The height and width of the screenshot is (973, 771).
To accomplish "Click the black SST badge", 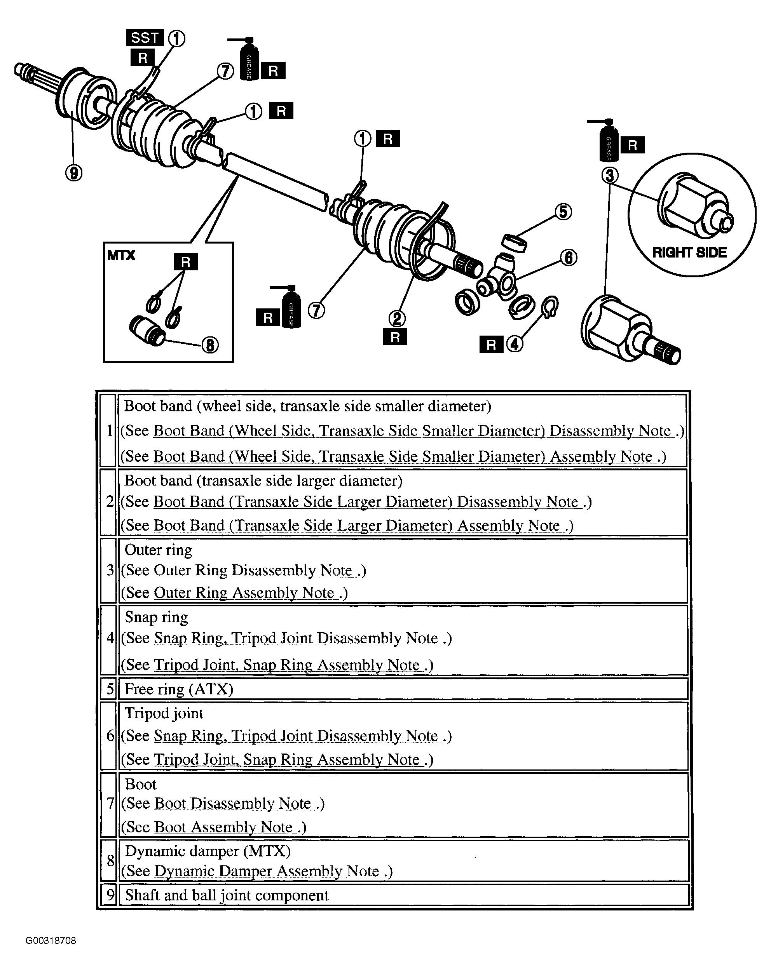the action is pyautogui.click(x=145, y=38).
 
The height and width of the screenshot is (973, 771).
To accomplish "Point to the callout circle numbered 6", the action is pyautogui.click(x=568, y=258).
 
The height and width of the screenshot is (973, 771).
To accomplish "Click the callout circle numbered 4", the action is pyautogui.click(x=515, y=344).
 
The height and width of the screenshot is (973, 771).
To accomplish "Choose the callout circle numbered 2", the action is pyautogui.click(x=397, y=319).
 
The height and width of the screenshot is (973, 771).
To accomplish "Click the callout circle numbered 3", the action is pyautogui.click(x=610, y=176).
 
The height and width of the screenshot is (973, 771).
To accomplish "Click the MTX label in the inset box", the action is pyautogui.click(x=121, y=255).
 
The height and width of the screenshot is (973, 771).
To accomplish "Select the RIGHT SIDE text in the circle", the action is pyautogui.click(x=690, y=252).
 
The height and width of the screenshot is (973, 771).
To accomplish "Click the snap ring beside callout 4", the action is pyautogui.click(x=549, y=308).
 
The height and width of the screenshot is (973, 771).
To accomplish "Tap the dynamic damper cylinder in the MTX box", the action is pyautogui.click(x=147, y=331).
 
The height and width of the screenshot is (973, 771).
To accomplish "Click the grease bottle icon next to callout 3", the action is pyautogui.click(x=608, y=140).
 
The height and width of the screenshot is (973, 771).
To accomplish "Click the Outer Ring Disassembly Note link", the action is pyautogui.click(x=255, y=570).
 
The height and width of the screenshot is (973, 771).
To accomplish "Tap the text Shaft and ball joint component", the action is pyautogui.click(x=227, y=895).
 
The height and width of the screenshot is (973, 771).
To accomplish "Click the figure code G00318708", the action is pyautogui.click(x=51, y=940).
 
